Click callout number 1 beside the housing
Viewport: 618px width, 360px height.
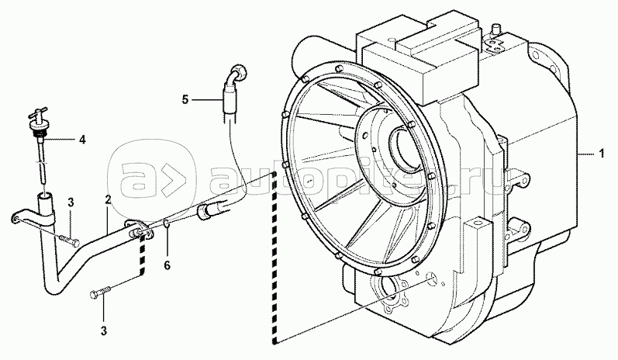point(602,154)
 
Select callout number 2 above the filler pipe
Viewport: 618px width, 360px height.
point(108,200)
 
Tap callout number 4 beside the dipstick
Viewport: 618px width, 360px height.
point(82,139)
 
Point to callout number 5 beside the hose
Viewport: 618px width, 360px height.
point(185,100)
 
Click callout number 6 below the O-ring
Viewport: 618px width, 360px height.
point(167,266)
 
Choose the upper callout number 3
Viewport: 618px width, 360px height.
point(71,202)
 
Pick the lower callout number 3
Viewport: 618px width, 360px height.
point(104,331)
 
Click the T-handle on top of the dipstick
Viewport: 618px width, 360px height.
point(37,113)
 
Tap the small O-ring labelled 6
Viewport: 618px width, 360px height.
point(167,224)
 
